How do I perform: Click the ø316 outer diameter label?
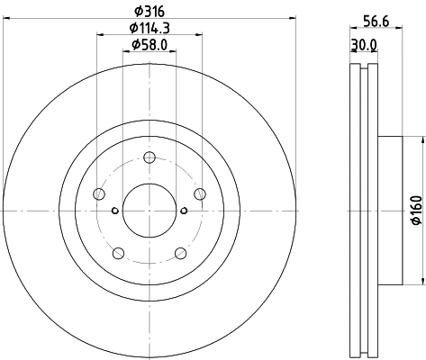[149, 12]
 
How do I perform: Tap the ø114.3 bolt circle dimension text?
[149, 28]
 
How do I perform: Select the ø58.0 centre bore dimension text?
[149, 44]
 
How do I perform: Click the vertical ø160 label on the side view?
[415, 210]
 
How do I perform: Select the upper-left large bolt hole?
[99, 193]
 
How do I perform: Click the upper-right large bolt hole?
[199, 193]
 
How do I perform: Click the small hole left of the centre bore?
[114, 211]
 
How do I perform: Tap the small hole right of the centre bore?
[184, 211]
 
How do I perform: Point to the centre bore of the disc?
[149, 211]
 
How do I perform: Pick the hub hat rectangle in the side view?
[386, 210]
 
